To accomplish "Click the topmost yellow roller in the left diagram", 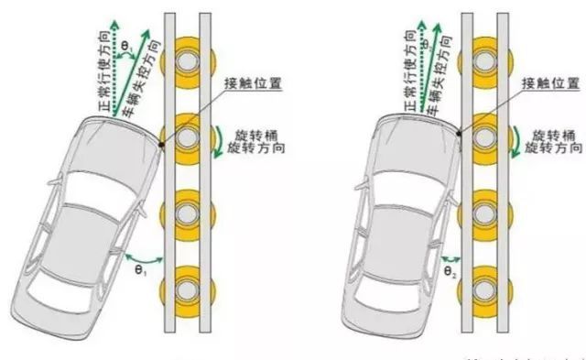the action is tap(188, 62).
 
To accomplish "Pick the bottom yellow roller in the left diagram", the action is tap(188, 287).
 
